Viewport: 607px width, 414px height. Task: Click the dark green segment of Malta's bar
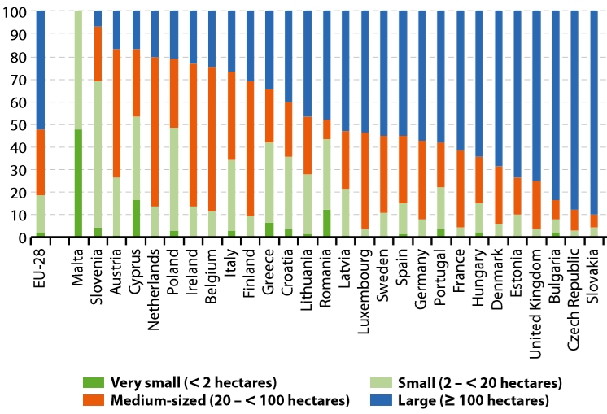(79, 183)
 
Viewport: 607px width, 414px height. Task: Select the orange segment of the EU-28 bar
(41, 163)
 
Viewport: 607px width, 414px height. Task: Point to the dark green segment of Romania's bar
(326, 224)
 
